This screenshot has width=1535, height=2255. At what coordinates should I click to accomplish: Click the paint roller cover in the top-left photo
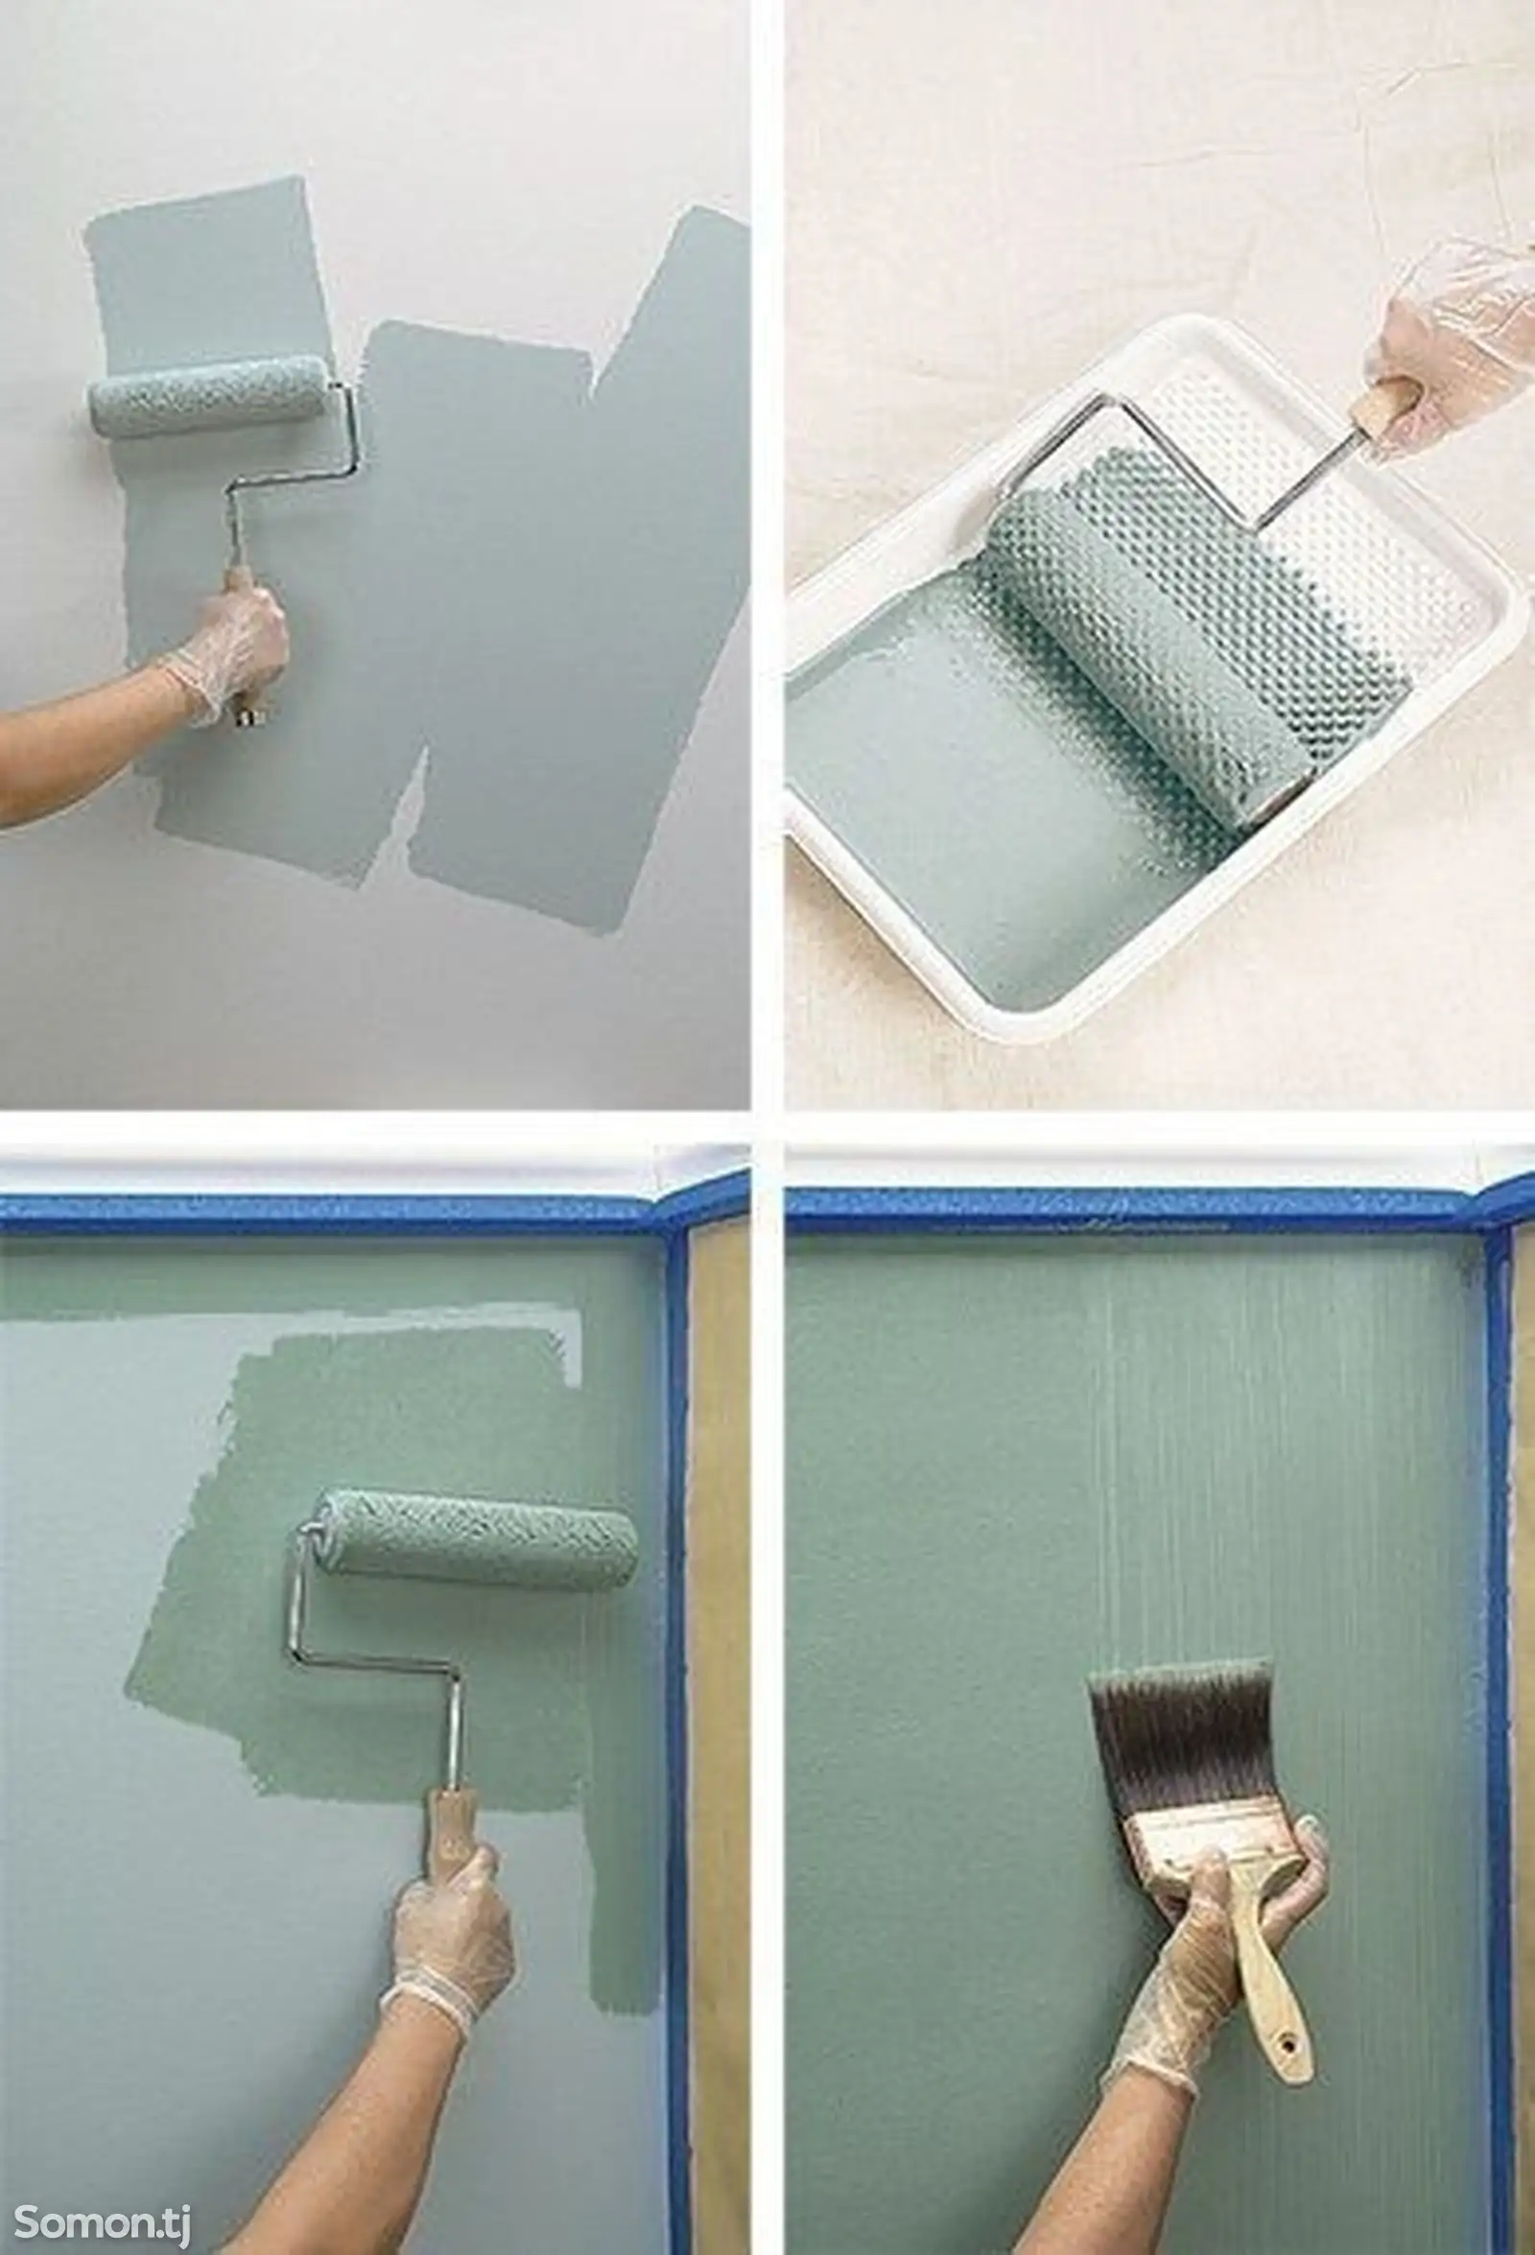tap(210, 396)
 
